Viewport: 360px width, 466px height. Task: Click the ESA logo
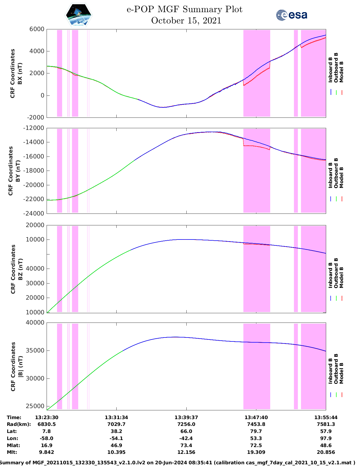click(292, 15)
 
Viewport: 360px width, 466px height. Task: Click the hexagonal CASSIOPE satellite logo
click(79, 15)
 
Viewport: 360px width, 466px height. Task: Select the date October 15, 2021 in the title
click(186, 21)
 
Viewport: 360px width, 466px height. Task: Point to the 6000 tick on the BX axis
click(37, 29)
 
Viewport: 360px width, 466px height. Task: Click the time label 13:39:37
click(186, 417)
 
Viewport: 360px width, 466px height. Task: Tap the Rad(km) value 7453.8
click(256, 424)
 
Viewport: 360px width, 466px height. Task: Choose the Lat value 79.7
click(256, 431)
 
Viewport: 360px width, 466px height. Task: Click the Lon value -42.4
click(186, 438)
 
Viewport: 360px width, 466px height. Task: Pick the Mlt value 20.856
click(326, 452)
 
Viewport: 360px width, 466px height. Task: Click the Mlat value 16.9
click(47, 445)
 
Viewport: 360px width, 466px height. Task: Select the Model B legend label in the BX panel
click(341, 72)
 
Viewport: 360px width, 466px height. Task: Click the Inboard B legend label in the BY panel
click(330, 175)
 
